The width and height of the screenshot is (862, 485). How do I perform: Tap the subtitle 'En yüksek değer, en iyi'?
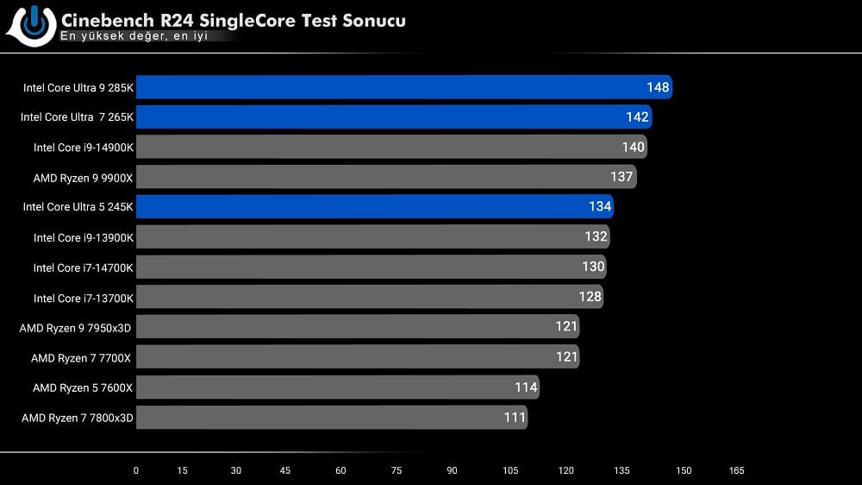(x=134, y=37)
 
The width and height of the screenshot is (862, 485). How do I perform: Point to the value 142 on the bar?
(x=637, y=117)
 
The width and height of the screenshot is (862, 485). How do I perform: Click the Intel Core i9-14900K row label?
(x=84, y=148)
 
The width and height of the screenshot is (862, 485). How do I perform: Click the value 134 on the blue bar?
(x=599, y=207)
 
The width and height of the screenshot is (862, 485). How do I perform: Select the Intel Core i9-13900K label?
(x=84, y=237)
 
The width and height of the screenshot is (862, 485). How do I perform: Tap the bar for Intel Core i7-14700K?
(x=371, y=268)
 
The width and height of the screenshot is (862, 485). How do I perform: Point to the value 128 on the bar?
(x=590, y=297)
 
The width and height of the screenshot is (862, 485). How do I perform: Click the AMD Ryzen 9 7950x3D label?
(x=77, y=328)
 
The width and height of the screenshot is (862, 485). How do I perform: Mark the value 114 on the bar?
(x=526, y=387)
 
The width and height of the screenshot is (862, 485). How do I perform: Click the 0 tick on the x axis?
(x=135, y=471)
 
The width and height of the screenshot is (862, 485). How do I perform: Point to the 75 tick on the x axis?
(x=395, y=471)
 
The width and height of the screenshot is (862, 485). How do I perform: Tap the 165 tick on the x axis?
(x=736, y=471)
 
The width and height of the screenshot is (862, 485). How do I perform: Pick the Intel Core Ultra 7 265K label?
(x=78, y=117)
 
